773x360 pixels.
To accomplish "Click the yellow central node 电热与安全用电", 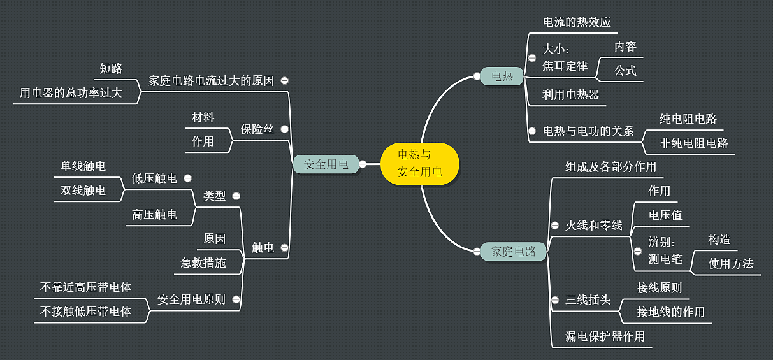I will click(x=419, y=164).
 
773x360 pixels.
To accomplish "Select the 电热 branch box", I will click(x=502, y=76).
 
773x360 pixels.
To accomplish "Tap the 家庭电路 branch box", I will click(x=513, y=251).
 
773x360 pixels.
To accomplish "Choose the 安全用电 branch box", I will click(x=326, y=164).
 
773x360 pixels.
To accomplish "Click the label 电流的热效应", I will click(x=576, y=22).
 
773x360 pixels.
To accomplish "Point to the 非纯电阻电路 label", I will click(x=694, y=143).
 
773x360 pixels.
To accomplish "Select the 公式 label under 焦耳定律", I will click(x=625, y=70).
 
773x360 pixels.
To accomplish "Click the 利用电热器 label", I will click(x=570, y=95).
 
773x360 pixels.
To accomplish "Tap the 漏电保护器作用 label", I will click(x=605, y=336).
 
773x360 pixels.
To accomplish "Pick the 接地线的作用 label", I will click(x=670, y=312).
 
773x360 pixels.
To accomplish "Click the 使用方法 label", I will click(x=730, y=263).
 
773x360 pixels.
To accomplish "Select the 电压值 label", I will click(x=665, y=215).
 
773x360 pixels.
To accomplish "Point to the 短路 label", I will click(x=111, y=69).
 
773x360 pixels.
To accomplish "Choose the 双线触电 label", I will click(x=83, y=190).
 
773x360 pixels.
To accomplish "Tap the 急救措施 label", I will click(x=203, y=263).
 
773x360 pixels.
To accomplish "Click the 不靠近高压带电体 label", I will click(x=85, y=287).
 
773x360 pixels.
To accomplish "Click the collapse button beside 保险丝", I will click(x=284, y=129).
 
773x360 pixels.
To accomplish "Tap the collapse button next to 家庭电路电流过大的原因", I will click(x=285, y=81).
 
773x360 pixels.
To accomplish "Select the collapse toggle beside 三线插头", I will click(x=554, y=300).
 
